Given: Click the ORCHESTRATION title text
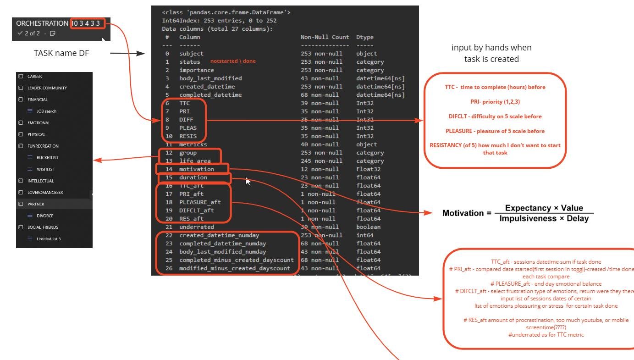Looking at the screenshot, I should click(42, 23).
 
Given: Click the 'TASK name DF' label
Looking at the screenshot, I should click(61, 53).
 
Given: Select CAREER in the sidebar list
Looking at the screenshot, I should click(34, 77).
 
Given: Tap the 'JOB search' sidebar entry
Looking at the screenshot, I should click(46, 111).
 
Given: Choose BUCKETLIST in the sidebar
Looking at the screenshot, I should click(47, 158).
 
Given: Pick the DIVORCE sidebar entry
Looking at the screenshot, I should click(45, 216).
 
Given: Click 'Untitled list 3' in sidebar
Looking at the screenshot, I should click(49, 239).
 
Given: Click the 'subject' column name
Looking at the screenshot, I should click(191, 54).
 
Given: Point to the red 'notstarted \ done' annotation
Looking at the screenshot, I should click(233, 61).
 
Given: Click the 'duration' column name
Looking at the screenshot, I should click(193, 177).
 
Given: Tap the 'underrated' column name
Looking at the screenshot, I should click(196, 227).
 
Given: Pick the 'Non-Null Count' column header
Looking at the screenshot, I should click(325, 37).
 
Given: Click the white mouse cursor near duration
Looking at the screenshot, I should click(248, 181).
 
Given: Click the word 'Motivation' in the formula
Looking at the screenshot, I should click(463, 213).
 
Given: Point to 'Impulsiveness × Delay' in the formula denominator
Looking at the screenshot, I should click(544, 219).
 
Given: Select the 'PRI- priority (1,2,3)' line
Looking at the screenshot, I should click(495, 102).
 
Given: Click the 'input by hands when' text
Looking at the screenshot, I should click(491, 48).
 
